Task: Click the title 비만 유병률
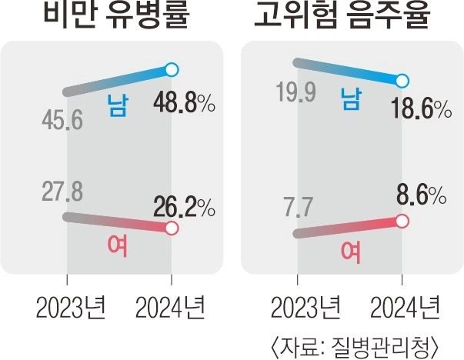click(x=116, y=14)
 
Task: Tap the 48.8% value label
click(x=184, y=102)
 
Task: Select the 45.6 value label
click(x=62, y=120)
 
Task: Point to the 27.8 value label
click(x=62, y=192)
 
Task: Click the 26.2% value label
click(x=184, y=207)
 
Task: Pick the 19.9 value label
click(x=296, y=92)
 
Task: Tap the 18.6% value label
click(x=421, y=108)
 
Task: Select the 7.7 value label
click(x=298, y=208)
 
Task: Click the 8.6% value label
click(x=422, y=195)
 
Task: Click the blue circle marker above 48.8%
click(x=172, y=70)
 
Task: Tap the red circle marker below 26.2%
click(x=172, y=228)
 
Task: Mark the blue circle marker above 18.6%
click(x=402, y=81)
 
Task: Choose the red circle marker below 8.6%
click(x=402, y=222)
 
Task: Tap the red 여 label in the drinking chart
click(x=351, y=252)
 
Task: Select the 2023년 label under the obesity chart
click(x=71, y=307)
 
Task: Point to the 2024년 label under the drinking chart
click(x=405, y=307)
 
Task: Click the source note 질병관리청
click(x=380, y=346)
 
